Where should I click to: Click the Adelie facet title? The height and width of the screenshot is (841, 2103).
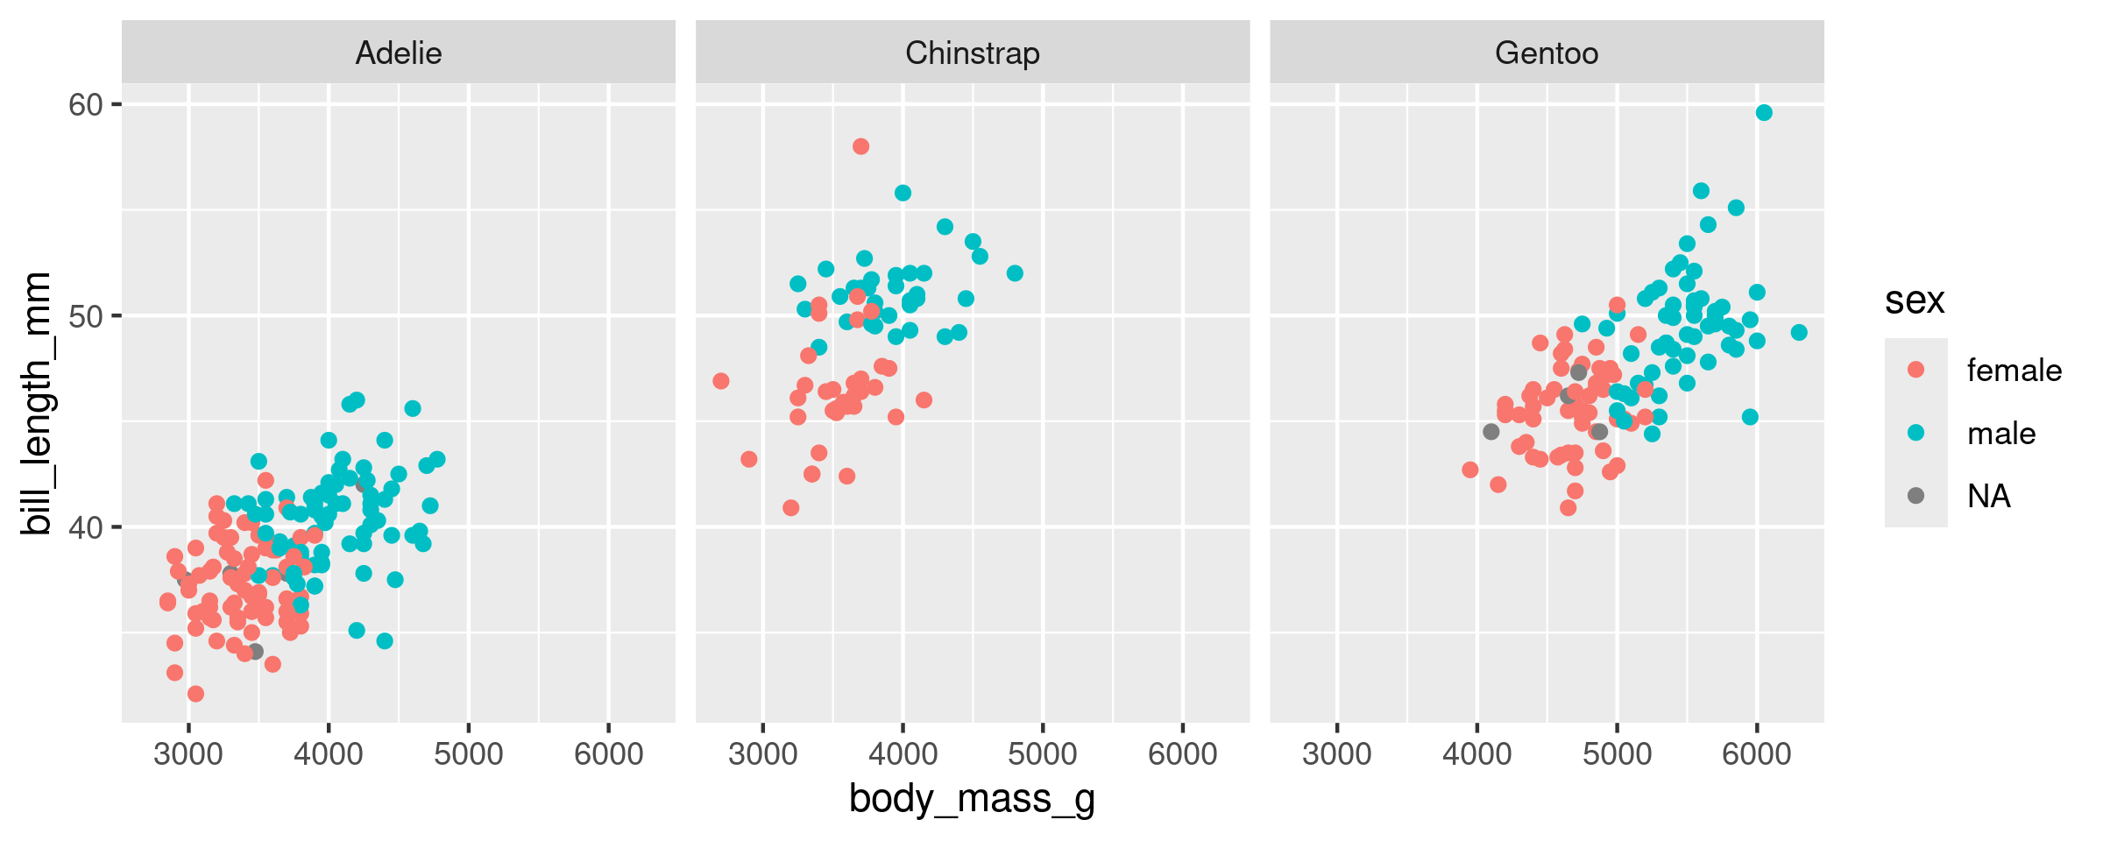click(x=399, y=53)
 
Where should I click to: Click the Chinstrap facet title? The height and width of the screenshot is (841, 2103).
click(x=973, y=53)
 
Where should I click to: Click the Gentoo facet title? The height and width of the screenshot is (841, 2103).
click(x=1547, y=53)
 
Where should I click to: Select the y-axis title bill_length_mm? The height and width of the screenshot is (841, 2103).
click(x=37, y=403)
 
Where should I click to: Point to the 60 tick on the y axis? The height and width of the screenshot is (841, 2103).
click(x=86, y=105)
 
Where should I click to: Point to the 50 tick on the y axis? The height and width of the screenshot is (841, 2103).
click(x=86, y=316)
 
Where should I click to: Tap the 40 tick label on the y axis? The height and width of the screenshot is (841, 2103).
click(x=86, y=527)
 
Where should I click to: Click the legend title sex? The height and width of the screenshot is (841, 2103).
click(x=1915, y=300)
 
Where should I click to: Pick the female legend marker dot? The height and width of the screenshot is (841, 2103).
click(x=1916, y=370)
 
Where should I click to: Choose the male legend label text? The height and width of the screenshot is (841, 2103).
click(x=2001, y=434)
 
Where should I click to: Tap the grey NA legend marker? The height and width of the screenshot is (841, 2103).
click(x=1916, y=496)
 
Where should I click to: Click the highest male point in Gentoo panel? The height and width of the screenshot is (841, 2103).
click(x=1764, y=112)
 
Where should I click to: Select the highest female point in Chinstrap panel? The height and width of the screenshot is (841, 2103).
click(x=860, y=146)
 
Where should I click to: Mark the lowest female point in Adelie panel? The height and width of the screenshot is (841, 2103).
click(x=195, y=694)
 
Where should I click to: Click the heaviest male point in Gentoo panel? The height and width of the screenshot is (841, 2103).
click(x=1799, y=332)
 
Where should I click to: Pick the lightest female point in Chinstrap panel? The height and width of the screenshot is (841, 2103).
click(x=721, y=381)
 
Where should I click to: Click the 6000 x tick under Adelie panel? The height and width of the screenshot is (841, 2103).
click(x=608, y=754)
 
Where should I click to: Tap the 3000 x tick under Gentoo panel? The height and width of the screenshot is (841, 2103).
click(x=1337, y=754)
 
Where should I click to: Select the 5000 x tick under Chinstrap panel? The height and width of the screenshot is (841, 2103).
click(x=1043, y=754)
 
